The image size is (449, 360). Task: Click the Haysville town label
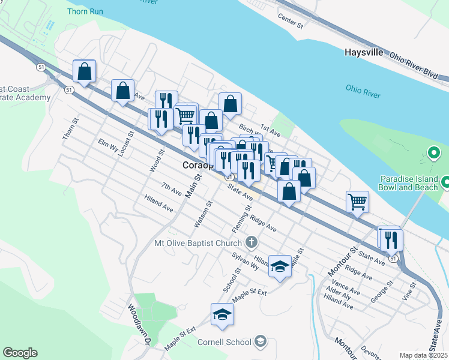point(364,52)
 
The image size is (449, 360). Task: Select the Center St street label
point(292,23)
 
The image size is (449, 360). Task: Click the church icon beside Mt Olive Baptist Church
point(252,242)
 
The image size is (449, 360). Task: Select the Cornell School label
point(224,342)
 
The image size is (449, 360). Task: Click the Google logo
point(20,353)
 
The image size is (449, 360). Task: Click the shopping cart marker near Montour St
point(357,202)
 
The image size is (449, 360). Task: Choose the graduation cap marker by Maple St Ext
point(222,314)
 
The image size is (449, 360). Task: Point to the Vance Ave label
point(346,288)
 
